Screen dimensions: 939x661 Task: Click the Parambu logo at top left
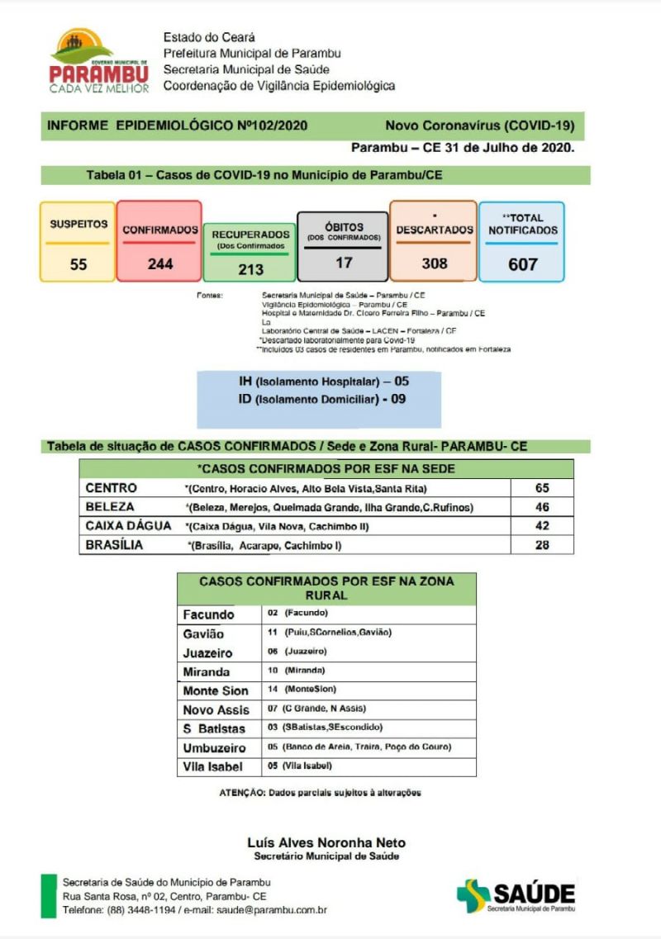[98, 60]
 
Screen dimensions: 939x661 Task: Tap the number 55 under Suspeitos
[78, 265]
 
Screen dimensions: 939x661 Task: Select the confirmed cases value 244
[160, 264]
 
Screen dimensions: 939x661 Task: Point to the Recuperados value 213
[250, 269]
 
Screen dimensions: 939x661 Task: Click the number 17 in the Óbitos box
[344, 263]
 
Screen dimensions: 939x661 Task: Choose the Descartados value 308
[434, 263]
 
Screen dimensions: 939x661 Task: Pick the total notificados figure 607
[522, 264]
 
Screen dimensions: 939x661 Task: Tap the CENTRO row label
[112, 488]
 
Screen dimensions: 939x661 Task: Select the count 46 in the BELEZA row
[541, 507]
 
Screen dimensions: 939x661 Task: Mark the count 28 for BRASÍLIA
[541, 545]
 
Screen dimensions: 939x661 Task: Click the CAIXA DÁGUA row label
[128, 526]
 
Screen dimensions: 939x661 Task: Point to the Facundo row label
[208, 614]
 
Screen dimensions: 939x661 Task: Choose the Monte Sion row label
[215, 690]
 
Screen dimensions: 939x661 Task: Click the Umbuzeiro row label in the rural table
[215, 747]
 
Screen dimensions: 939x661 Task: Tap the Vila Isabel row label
[213, 766]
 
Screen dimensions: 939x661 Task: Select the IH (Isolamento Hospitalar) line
[322, 382]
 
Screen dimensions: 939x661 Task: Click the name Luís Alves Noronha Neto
[326, 842]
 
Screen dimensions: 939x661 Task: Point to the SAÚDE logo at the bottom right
[516, 895]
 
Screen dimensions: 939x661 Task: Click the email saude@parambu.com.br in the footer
[272, 910]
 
